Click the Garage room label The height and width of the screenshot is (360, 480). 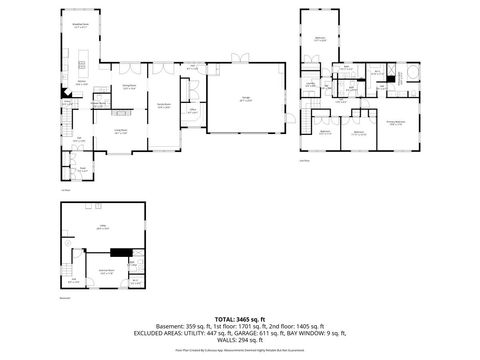pyautogui.click(x=244, y=97)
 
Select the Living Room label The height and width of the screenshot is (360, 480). pyautogui.click(x=121, y=131)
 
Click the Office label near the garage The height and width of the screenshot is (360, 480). pyautogui.click(x=192, y=112)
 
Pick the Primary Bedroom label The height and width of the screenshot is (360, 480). pyautogui.click(x=396, y=123)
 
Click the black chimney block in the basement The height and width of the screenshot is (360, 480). pyautogui.click(x=121, y=253)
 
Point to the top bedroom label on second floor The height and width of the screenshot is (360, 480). pyautogui.click(x=320, y=39)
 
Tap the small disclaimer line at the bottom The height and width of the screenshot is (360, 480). pyautogui.click(x=240, y=351)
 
